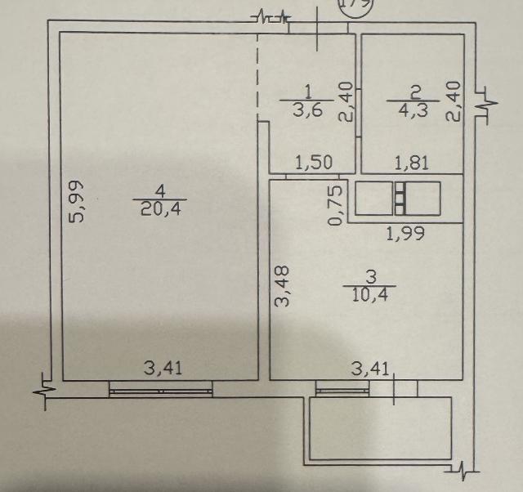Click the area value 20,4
159,209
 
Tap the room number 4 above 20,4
160,192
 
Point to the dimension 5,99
75,202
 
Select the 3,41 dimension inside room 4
163,368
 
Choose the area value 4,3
414,109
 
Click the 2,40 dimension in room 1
346,103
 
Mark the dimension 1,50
313,162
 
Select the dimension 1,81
413,163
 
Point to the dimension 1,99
404,235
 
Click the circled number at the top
355,4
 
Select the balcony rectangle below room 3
380,429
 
